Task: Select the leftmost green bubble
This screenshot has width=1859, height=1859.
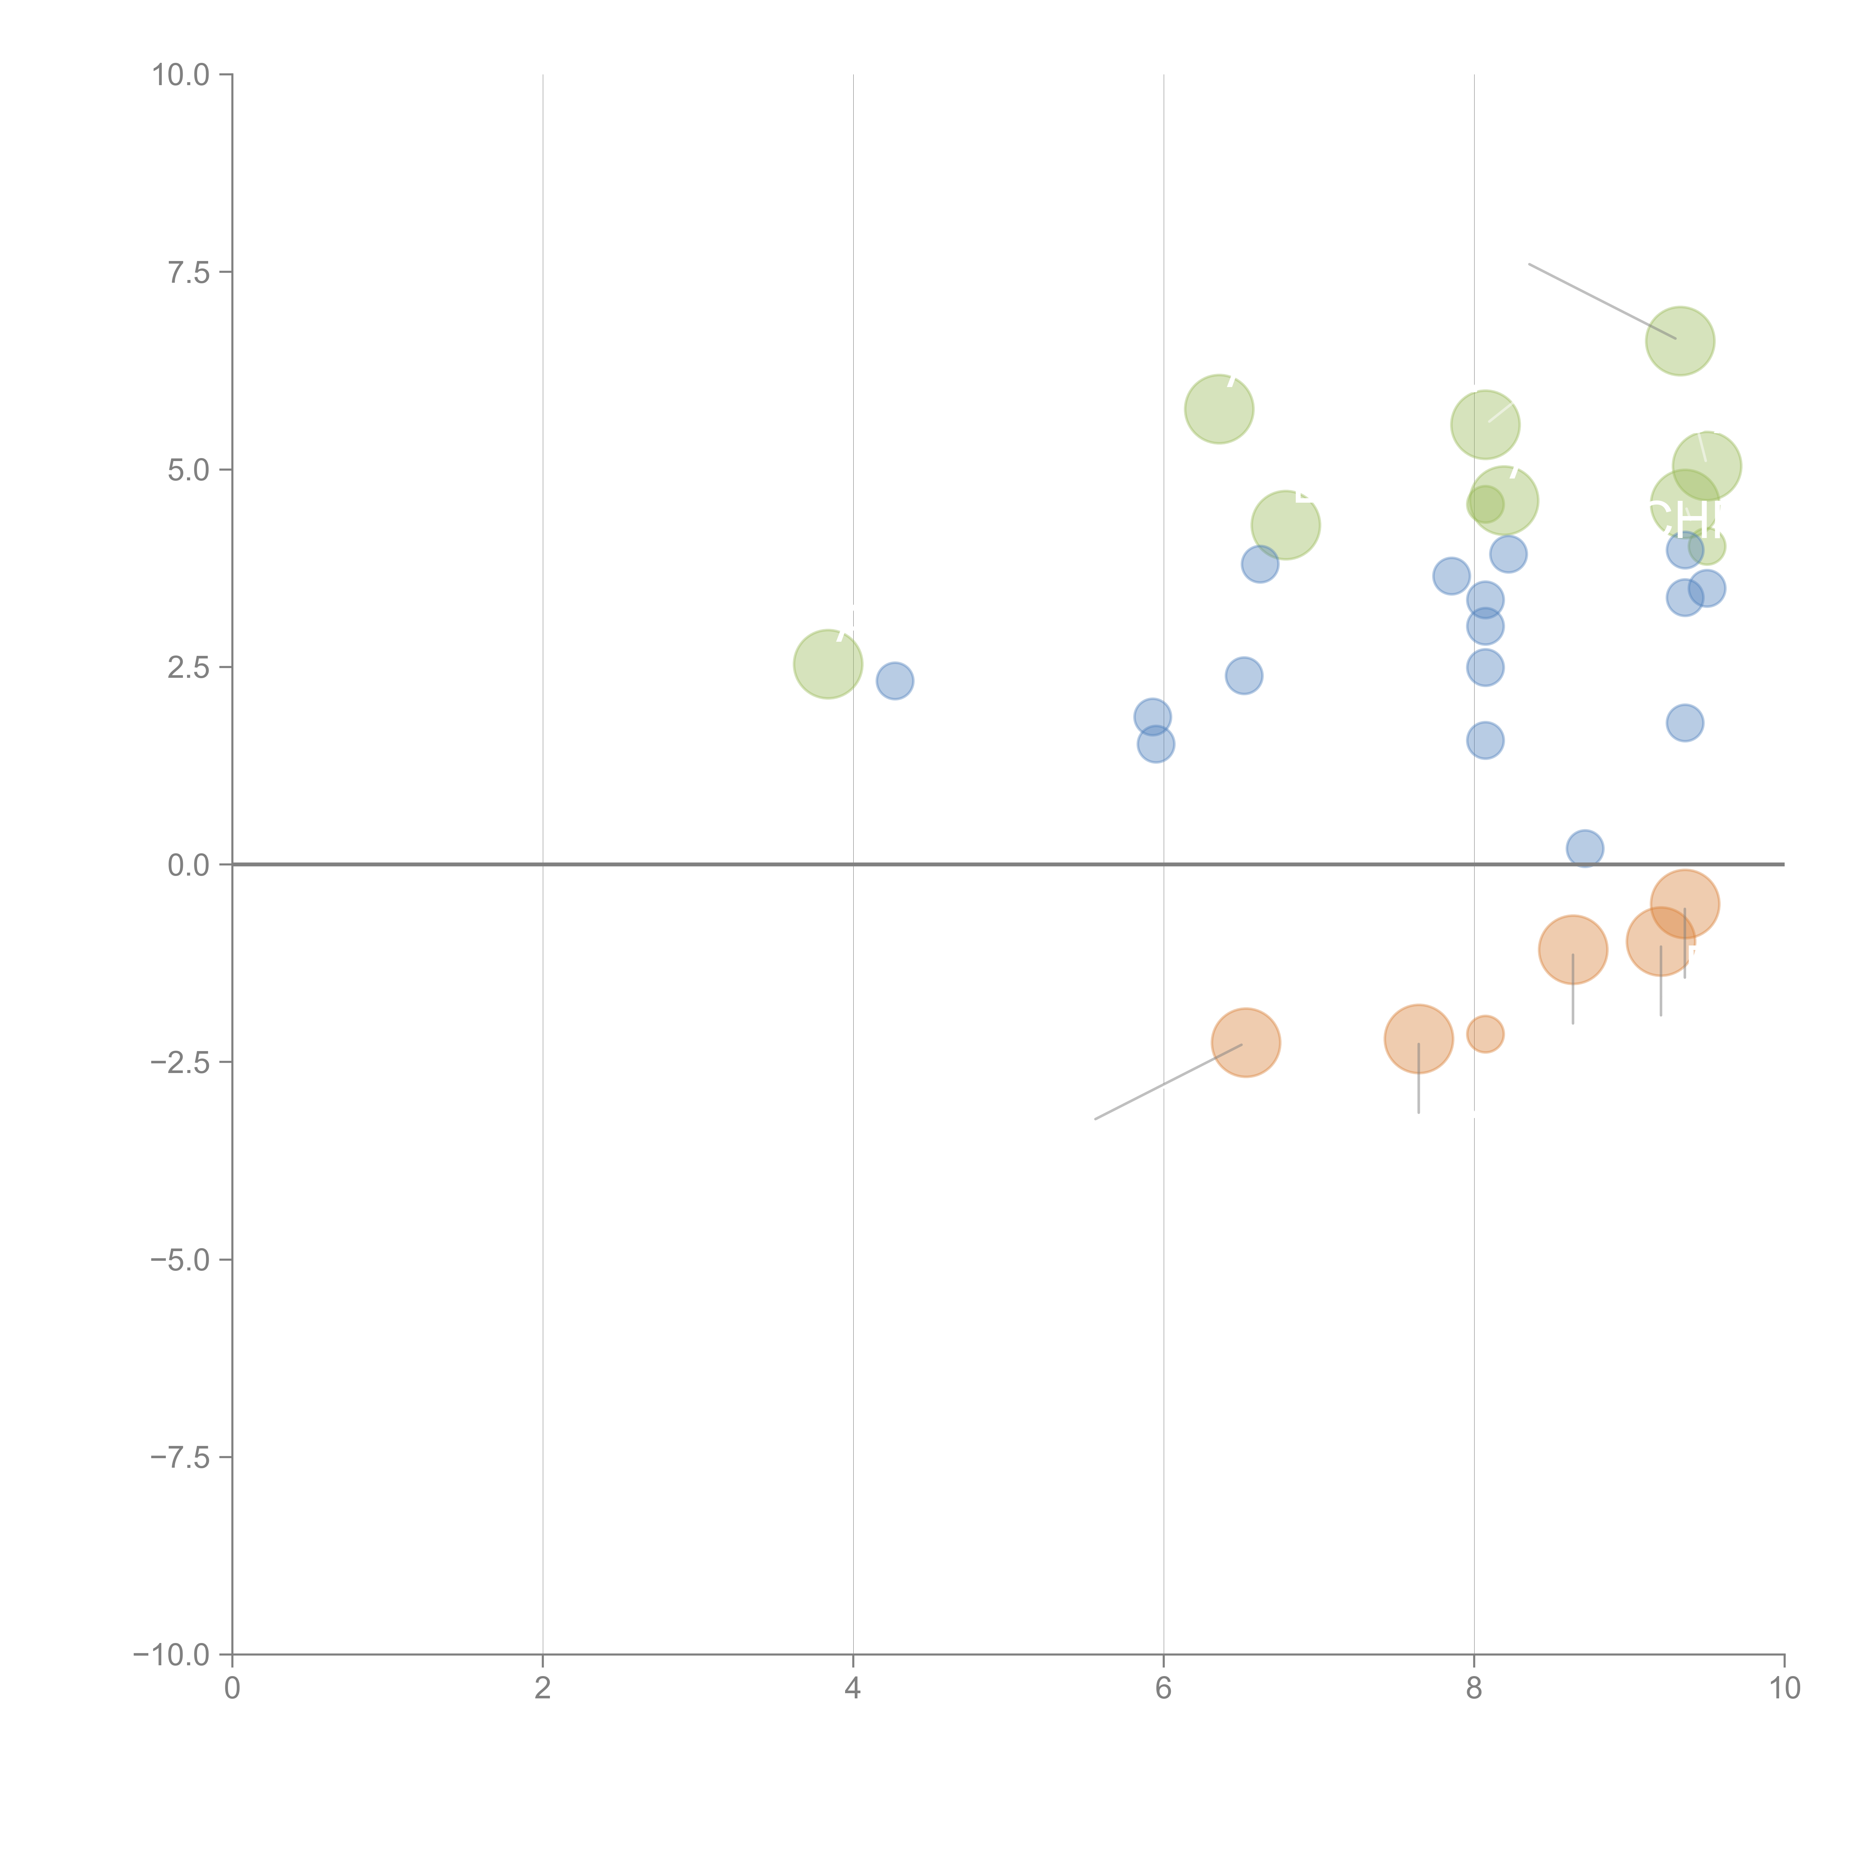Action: [x=828, y=664]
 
